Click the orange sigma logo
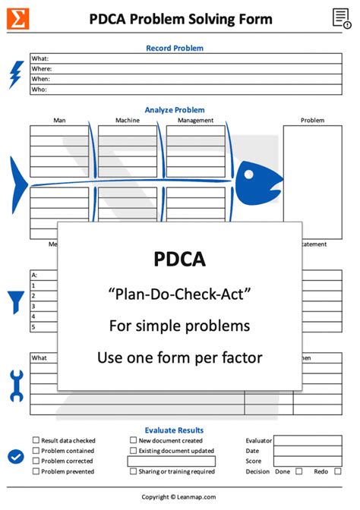click(17, 19)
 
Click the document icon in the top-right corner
click(341, 19)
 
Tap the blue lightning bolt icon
click(15, 74)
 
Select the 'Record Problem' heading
click(175, 48)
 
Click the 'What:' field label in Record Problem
click(39, 58)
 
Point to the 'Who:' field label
click(39, 90)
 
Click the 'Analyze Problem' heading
click(175, 110)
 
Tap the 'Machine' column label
click(128, 120)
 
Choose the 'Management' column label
click(195, 120)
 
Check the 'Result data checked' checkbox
click(36, 440)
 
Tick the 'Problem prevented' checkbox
click(36, 471)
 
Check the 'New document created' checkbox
click(133, 440)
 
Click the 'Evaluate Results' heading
click(175, 430)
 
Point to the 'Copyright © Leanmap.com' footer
click(178, 497)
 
